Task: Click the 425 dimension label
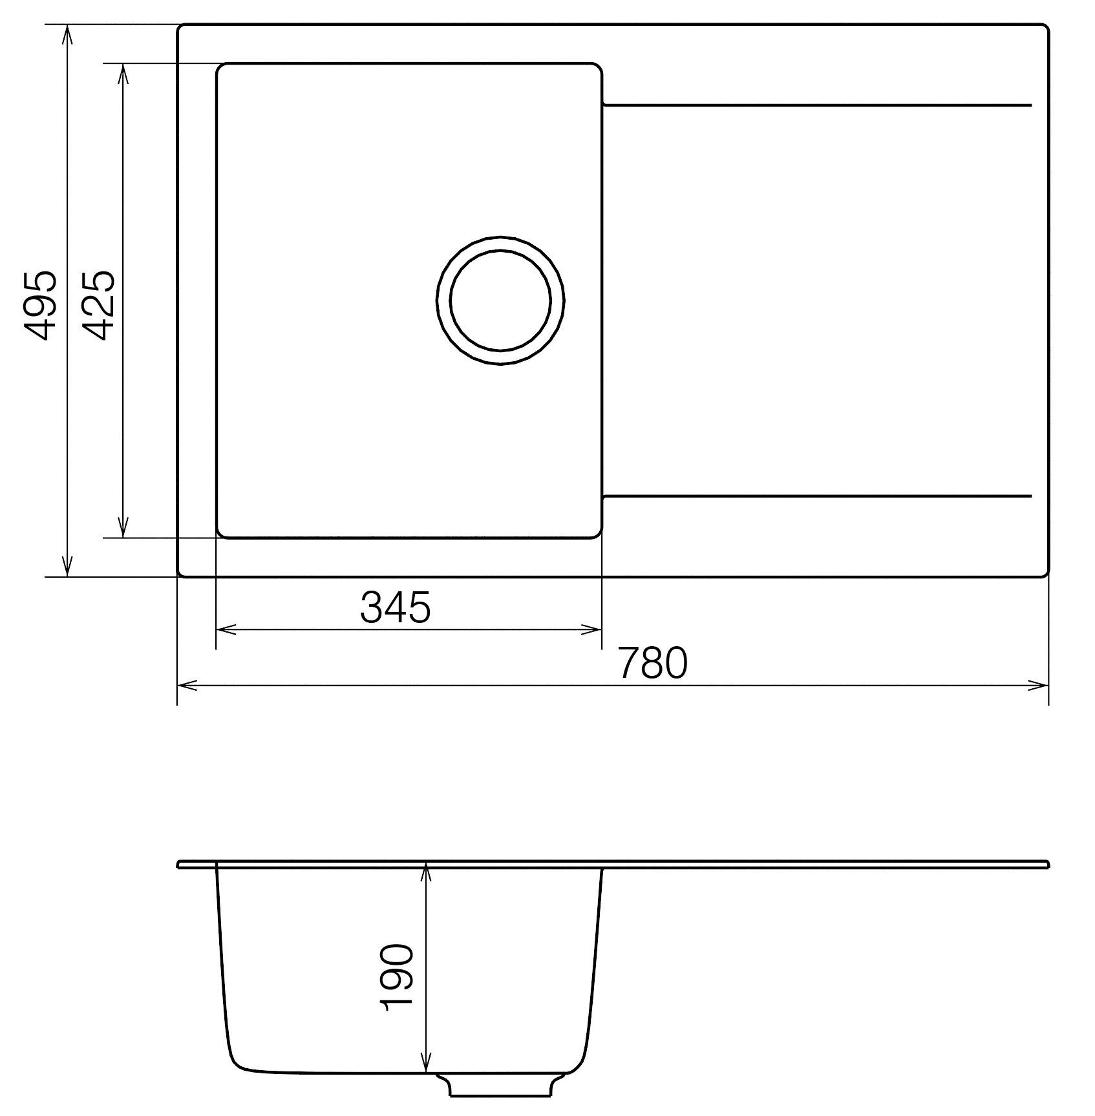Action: pos(99,305)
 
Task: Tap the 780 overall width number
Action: pos(652,663)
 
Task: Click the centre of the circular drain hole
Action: pos(500,301)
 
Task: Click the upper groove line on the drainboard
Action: pos(816,105)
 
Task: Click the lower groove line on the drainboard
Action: pos(816,496)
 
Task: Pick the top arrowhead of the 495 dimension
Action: pos(67,34)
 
